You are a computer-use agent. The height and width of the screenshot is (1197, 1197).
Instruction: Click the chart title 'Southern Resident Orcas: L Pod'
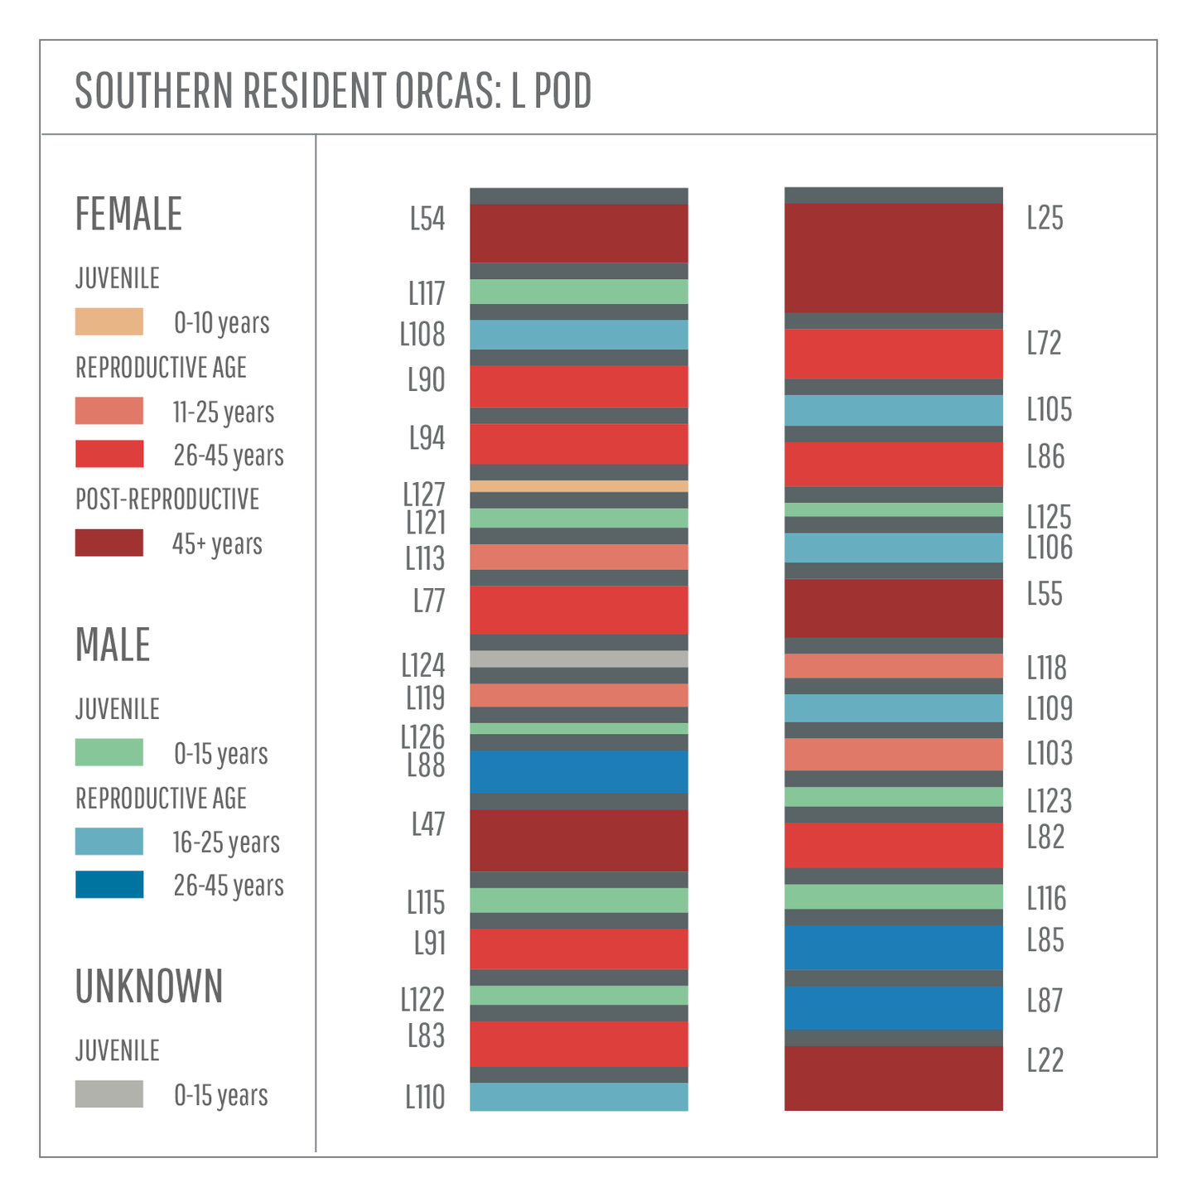click(333, 90)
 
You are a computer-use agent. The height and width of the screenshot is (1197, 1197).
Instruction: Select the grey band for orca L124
click(578, 659)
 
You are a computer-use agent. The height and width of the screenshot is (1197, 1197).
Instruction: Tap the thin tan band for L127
click(578, 486)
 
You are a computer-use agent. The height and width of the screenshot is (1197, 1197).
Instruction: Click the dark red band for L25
click(893, 258)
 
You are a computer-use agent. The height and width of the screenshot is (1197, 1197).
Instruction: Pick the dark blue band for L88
click(578, 771)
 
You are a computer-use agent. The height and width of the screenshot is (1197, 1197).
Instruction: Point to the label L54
click(427, 219)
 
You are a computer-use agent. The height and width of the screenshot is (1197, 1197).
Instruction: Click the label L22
click(1045, 1060)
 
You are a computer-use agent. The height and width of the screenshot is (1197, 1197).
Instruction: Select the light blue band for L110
click(578, 1097)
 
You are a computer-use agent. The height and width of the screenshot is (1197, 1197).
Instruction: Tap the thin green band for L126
click(578, 728)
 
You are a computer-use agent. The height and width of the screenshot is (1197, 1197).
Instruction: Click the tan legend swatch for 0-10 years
click(109, 321)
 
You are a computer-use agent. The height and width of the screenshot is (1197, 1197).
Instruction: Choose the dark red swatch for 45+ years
click(109, 543)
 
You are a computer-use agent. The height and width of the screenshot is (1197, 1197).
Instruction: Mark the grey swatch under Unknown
click(109, 1093)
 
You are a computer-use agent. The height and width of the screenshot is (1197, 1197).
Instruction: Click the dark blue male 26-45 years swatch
click(109, 884)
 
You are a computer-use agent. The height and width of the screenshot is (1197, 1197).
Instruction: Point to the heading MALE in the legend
click(113, 644)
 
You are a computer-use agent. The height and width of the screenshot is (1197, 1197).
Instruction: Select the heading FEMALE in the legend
click(128, 214)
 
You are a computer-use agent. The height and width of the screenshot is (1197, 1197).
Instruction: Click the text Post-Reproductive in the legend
click(167, 500)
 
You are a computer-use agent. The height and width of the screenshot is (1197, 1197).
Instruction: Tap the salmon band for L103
click(893, 754)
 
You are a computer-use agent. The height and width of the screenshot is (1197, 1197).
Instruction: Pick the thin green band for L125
click(893, 509)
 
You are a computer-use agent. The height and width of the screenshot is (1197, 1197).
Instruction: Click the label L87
click(1045, 1001)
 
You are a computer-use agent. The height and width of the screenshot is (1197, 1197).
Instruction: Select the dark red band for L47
click(578, 840)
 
